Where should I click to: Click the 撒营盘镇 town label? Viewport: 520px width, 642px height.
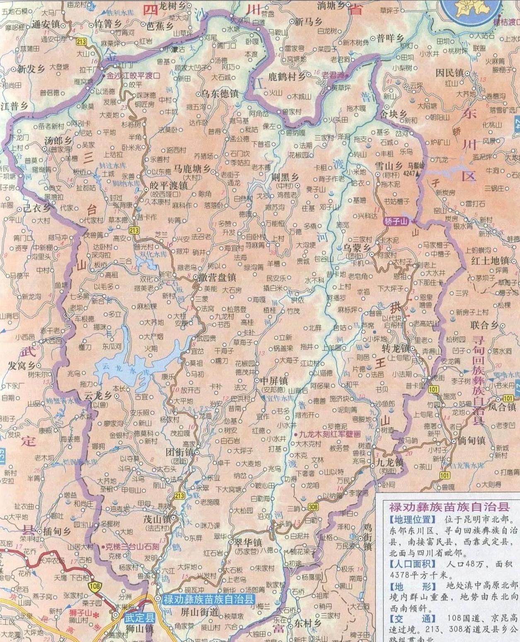coord(218,278)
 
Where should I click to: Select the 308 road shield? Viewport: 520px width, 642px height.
coord(312,507)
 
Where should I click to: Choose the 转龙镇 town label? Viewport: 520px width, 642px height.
coord(395,349)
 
